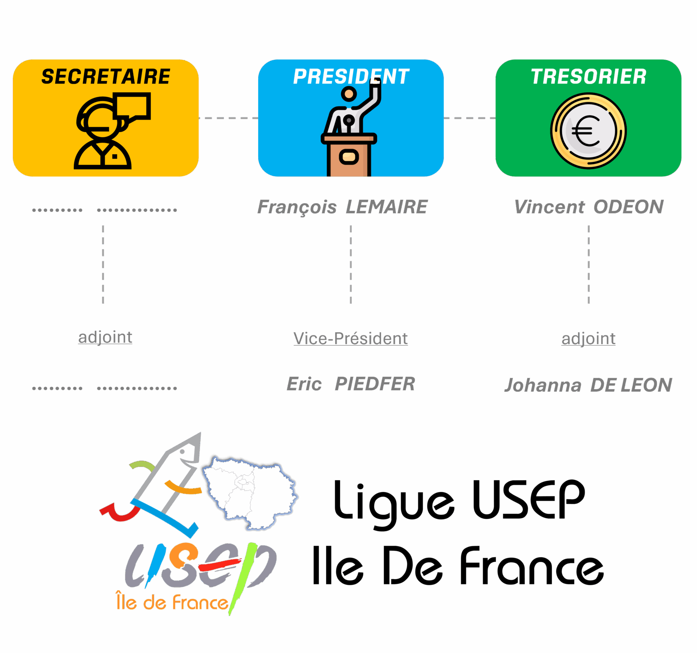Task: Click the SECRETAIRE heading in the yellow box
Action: coord(106,77)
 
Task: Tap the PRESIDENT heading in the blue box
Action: coord(351,77)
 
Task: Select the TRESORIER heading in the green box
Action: coord(588,77)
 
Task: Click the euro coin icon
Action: coord(588,131)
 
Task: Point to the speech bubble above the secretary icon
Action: coord(131,106)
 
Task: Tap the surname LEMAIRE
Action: coord(387,207)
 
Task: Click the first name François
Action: coord(297,207)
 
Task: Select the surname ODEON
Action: coord(628,207)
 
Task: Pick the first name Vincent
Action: coord(549,207)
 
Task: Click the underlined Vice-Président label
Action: coord(351,338)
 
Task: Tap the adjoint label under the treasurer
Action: coord(588,338)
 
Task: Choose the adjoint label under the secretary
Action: coord(105,337)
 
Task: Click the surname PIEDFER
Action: coord(375,384)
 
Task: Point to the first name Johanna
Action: coord(543,385)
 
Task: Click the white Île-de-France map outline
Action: coord(250,492)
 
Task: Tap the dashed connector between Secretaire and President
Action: coord(228,118)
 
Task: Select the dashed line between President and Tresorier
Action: coord(469,118)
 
